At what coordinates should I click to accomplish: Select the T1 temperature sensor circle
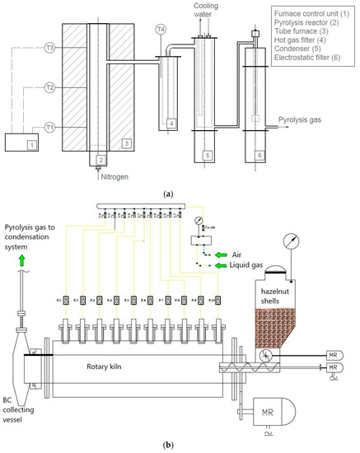49,127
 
